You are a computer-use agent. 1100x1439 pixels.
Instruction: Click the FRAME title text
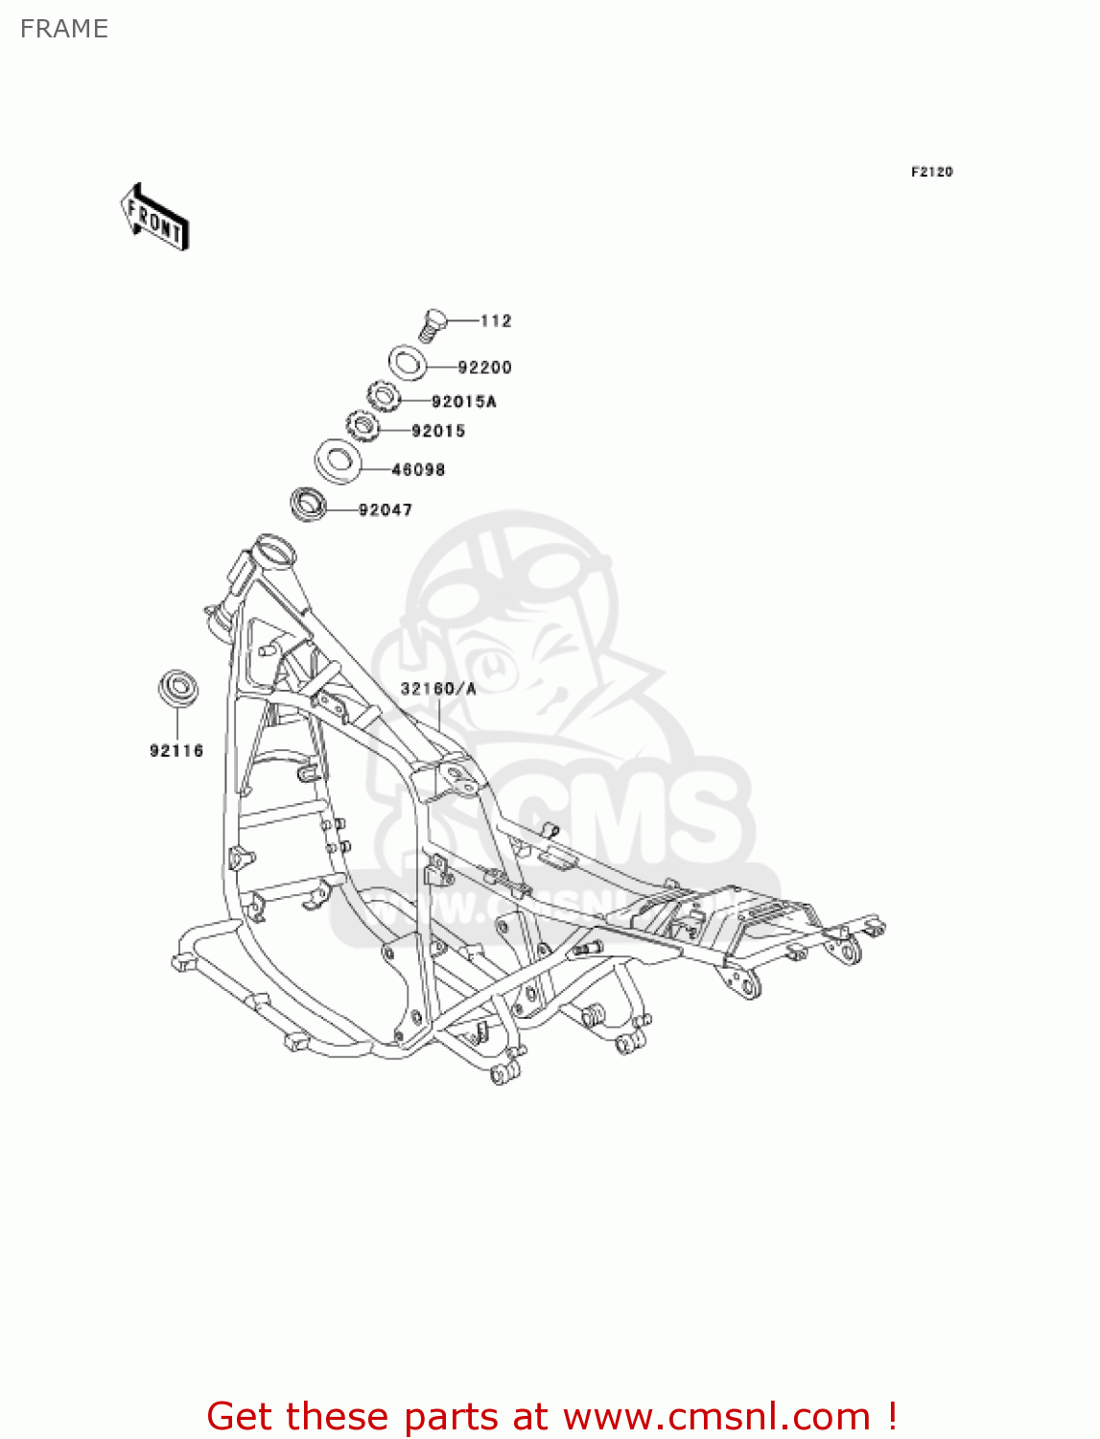click(x=64, y=29)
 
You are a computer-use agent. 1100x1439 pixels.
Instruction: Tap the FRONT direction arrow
click(x=154, y=218)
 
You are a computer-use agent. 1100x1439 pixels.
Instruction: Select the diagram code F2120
click(x=931, y=172)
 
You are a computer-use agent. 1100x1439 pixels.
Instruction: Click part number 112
click(x=496, y=320)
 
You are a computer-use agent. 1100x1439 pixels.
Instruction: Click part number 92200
click(x=484, y=367)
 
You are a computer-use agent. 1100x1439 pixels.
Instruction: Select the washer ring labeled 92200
click(x=408, y=363)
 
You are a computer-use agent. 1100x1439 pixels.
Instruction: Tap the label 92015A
click(x=463, y=402)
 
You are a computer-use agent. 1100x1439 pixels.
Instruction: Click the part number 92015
click(x=438, y=432)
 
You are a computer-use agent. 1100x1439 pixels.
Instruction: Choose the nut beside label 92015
click(x=363, y=425)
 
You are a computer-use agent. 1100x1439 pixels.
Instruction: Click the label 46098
click(x=418, y=470)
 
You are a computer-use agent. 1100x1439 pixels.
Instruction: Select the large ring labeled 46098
click(x=338, y=460)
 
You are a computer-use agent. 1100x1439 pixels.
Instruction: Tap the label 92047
click(x=386, y=510)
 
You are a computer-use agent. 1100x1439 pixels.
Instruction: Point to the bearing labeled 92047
click(x=308, y=503)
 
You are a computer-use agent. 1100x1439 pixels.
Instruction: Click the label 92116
click(x=176, y=751)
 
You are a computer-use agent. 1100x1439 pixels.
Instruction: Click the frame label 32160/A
click(x=437, y=689)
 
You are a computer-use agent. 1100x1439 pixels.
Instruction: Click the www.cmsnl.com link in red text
click(x=715, y=1416)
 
